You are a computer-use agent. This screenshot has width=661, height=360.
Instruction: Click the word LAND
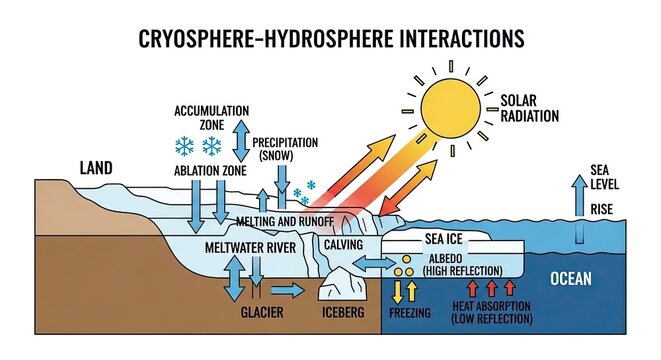96,167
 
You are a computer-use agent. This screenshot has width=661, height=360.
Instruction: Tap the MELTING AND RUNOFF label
284,220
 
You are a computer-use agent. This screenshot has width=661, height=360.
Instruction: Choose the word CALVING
343,244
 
